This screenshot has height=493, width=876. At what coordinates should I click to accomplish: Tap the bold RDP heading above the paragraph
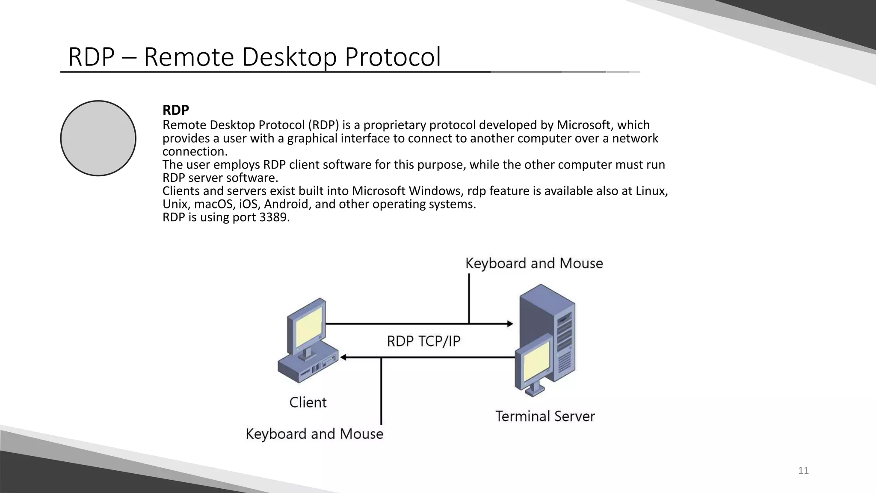click(175, 110)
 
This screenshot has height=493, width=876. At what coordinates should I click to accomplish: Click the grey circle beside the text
click(98, 138)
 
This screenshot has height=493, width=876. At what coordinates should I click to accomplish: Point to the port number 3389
click(273, 217)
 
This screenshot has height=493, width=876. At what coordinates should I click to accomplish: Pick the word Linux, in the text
click(651, 191)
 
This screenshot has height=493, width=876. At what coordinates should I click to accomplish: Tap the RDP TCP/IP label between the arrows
click(423, 341)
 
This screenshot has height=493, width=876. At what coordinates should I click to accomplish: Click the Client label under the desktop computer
click(308, 402)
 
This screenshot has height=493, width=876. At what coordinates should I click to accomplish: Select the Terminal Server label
click(545, 416)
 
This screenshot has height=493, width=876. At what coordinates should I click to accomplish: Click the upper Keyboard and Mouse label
click(534, 263)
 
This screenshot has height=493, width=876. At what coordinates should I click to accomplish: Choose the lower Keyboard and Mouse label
click(314, 434)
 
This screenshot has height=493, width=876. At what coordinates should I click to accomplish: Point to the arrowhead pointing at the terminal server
click(509, 324)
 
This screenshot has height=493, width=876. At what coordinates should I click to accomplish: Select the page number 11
click(803, 471)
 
